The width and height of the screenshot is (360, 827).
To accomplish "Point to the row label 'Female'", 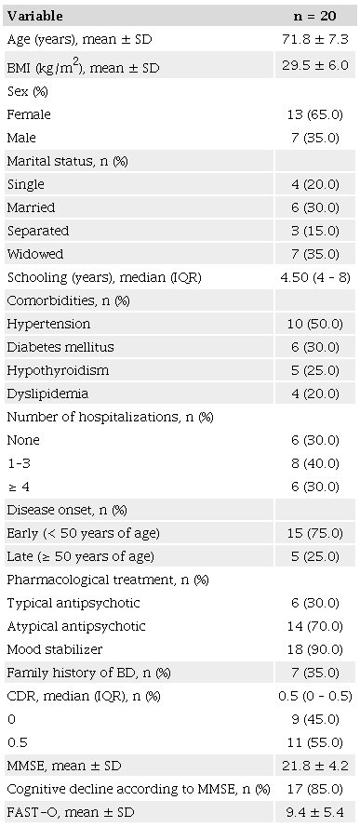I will pyautogui.click(x=28, y=114).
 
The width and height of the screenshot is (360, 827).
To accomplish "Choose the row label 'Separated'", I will pyautogui.click(x=37, y=231).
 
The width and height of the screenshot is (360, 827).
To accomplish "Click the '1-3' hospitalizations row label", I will pyautogui.click(x=20, y=463).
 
